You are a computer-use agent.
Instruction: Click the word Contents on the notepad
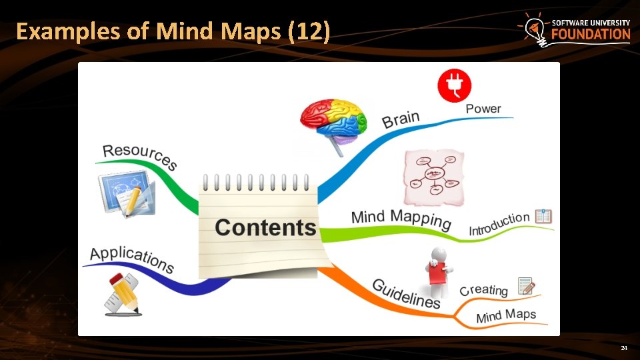pos(265,227)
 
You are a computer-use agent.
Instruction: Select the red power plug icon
pos(454,86)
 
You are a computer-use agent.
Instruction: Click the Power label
pos(483,109)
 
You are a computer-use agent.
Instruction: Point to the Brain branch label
pos(401,120)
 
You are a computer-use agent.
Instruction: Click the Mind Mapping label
pos(401,219)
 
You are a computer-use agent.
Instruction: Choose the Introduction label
pos(499,224)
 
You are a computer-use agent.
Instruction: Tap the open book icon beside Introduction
pos(543,216)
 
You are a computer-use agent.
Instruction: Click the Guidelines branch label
pos(406,294)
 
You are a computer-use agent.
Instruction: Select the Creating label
pos(484,290)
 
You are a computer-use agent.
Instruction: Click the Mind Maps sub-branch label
pos(505,316)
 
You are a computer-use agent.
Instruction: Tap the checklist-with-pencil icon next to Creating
pos(526,285)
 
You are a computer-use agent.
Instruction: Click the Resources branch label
pos(140,156)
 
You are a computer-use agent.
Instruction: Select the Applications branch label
pos(132,259)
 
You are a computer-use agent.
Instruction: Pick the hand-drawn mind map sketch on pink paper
pos(434,177)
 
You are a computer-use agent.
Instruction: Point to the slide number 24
pos(624,349)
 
